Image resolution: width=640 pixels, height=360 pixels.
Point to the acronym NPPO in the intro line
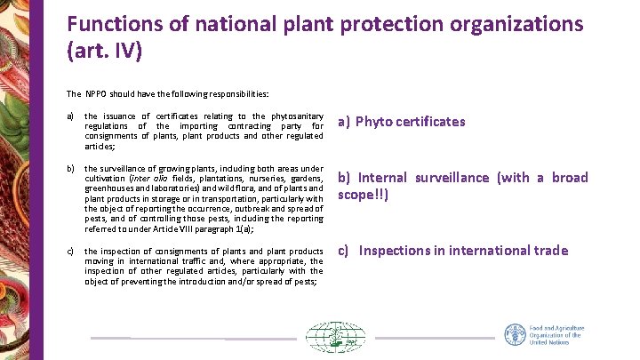coord(97,93)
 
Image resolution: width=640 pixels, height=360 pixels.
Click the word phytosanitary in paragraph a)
coord(296,116)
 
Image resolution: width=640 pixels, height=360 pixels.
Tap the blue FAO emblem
coord(513,335)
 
